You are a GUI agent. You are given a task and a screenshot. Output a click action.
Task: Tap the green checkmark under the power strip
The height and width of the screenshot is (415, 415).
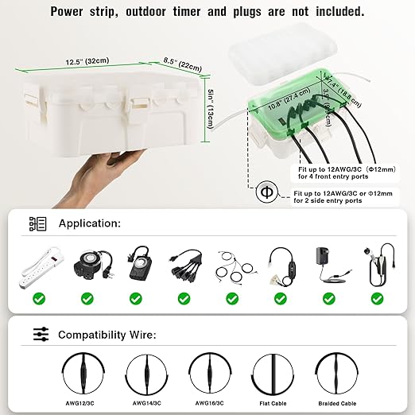tap(38, 299)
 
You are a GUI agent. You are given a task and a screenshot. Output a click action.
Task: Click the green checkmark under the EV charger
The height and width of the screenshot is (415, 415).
tap(375, 299)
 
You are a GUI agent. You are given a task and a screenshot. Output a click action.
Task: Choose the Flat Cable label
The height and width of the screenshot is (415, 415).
tap(268, 403)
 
